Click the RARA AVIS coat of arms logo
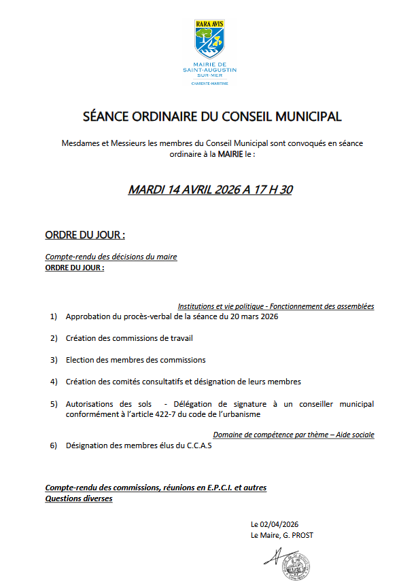pyautogui.click(x=209, y=39)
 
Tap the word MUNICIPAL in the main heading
pyautogui.click(x=309, y=116)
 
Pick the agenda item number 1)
pyautogui.click(x=54, y=316)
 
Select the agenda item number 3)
pyautogui.click(x=54, y=360)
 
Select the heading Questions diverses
pyautogui.click(x=79, y=498)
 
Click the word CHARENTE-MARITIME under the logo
pyautogui.click(x=209, y=84)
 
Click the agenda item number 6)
pyautogui.click(x=54, y=445)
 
